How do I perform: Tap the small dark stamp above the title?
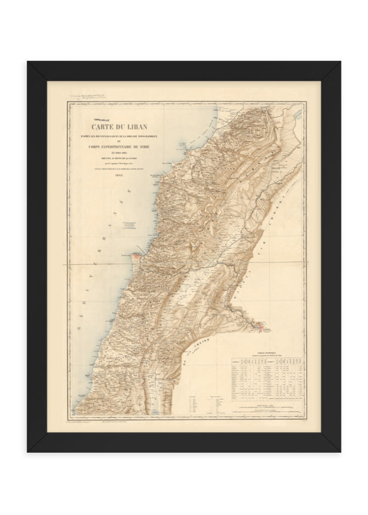point(97,117)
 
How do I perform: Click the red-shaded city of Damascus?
point(260,326)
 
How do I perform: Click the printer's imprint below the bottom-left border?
point(90,422)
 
